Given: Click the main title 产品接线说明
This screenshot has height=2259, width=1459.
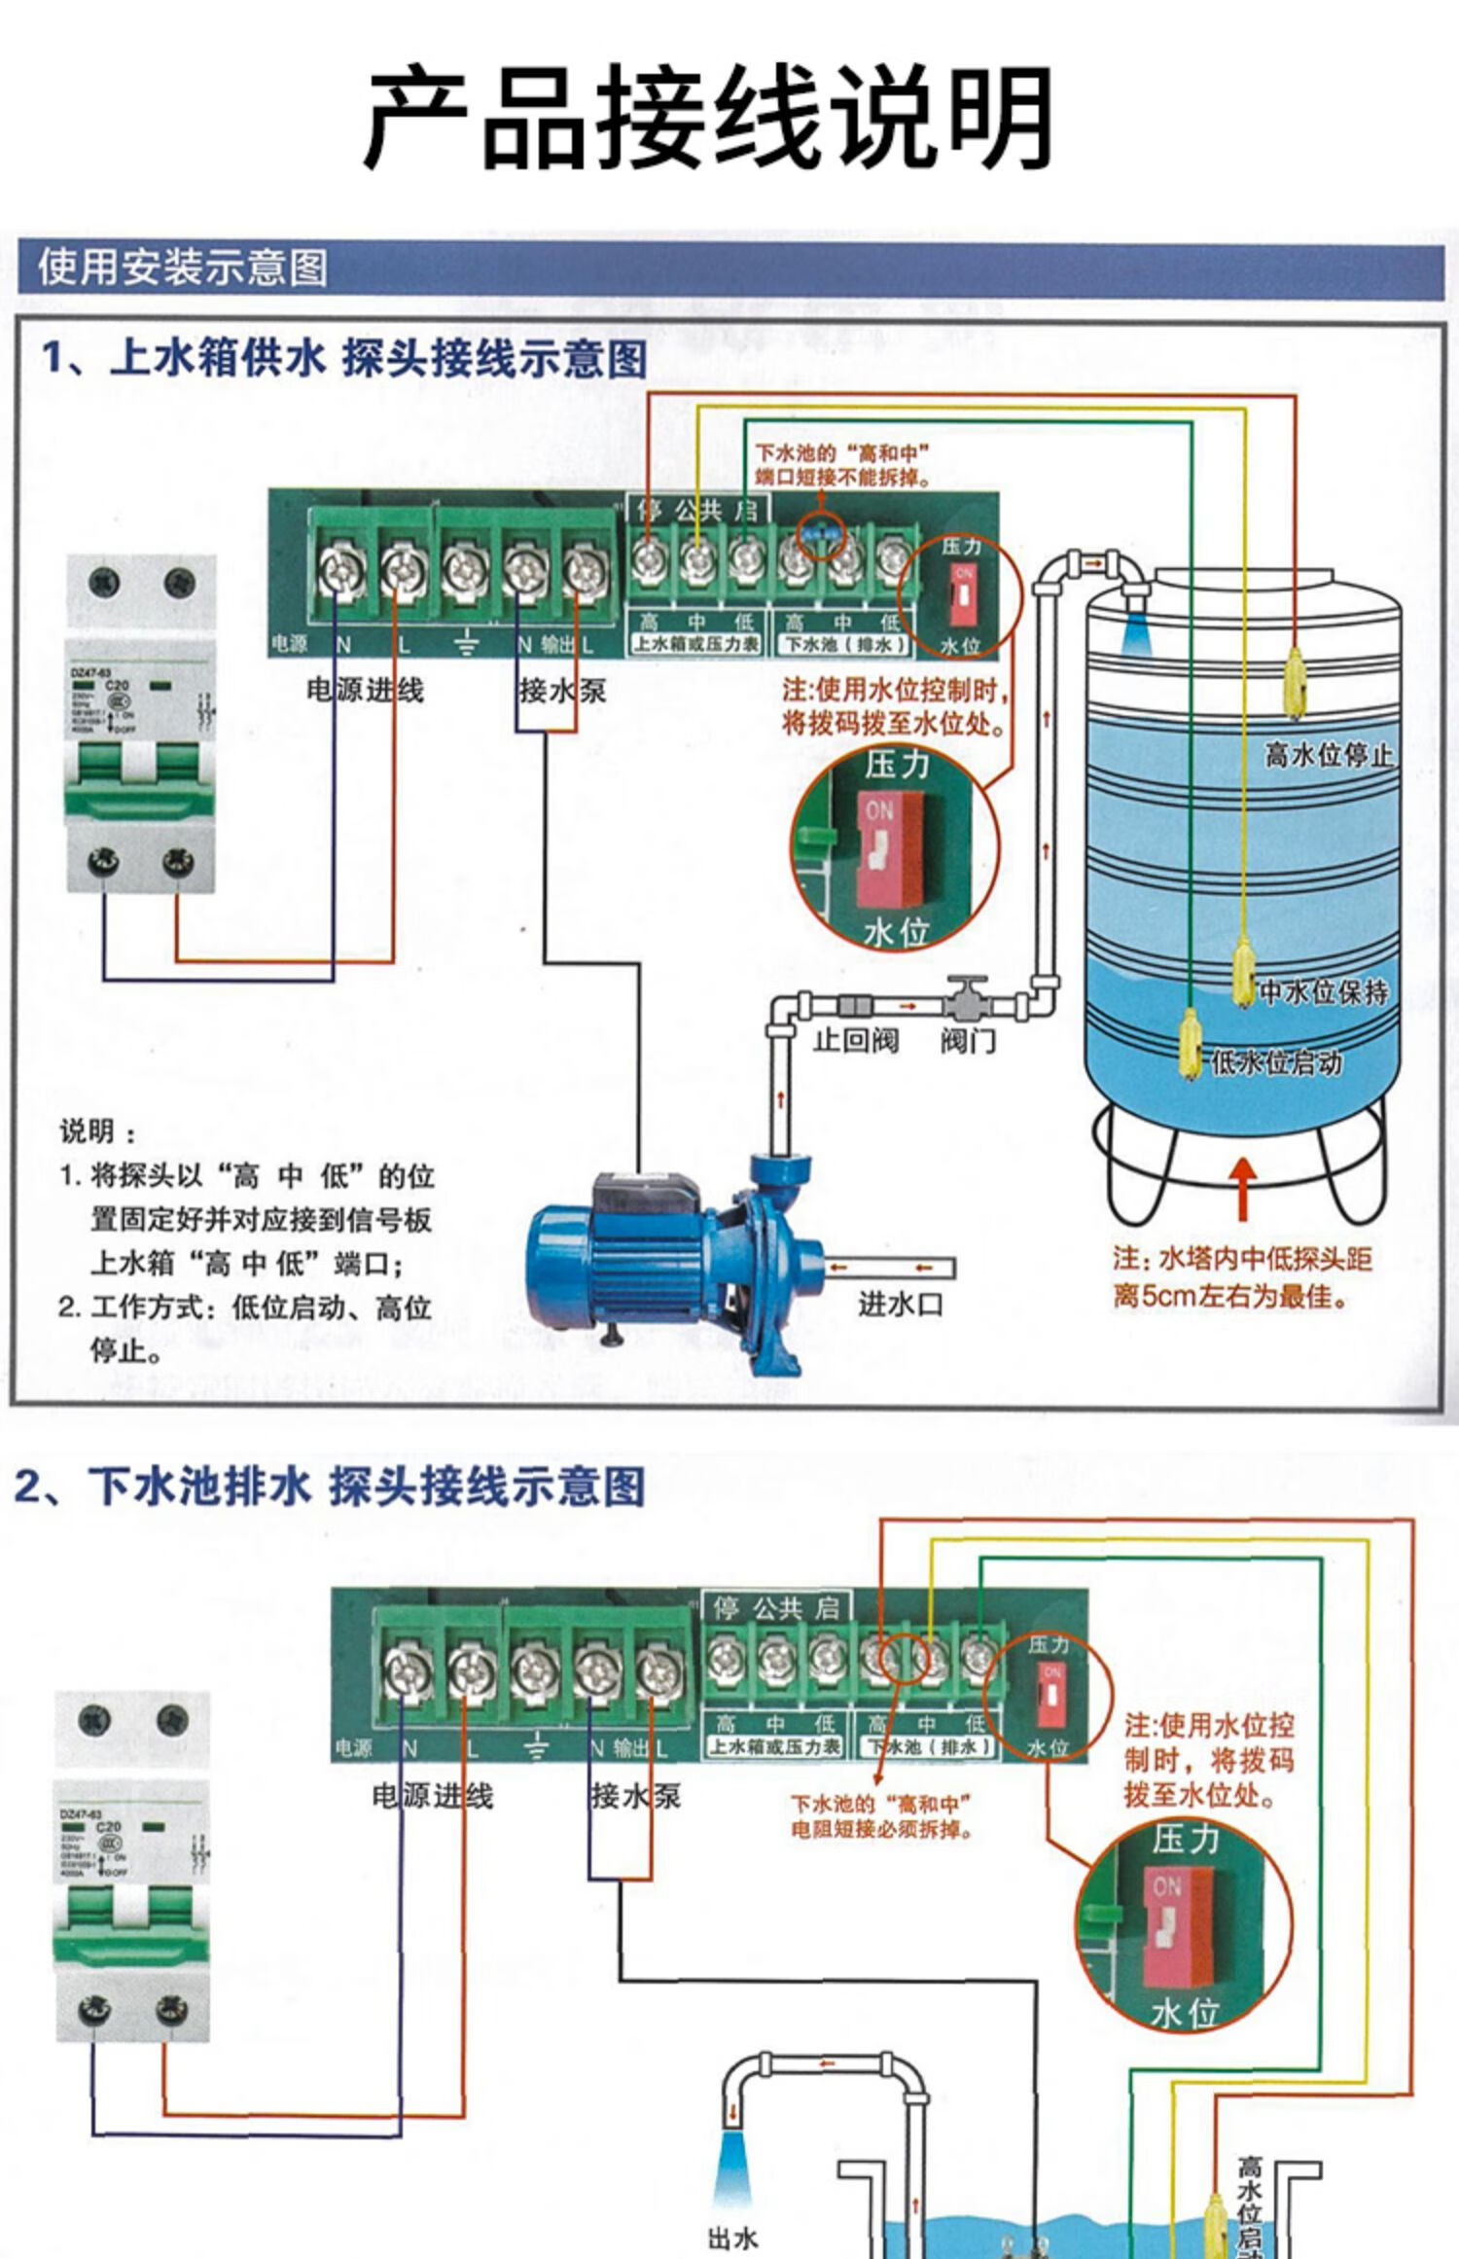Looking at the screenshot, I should [708, 118].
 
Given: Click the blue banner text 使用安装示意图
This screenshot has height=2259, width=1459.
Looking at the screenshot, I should [182, 268].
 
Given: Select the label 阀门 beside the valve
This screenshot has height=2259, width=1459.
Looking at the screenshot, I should [967, 1040].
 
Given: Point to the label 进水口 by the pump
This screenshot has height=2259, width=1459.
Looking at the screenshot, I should [900, 1304].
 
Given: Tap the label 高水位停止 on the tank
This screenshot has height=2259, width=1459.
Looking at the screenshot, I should [1328, 754].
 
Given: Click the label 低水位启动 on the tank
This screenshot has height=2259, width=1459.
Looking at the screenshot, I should [1276, 1062].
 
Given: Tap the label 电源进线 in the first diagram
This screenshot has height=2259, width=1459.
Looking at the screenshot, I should [365, 691].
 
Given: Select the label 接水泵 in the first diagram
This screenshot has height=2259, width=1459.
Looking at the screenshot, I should [561, 692].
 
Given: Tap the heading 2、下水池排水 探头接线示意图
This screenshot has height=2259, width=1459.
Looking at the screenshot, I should [329, 1487].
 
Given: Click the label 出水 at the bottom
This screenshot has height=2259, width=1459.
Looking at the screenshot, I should [732, 2238].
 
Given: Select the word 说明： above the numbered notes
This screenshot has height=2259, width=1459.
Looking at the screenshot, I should [98, 1131].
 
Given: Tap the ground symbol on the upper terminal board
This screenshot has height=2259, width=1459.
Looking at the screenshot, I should [467, 642].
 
